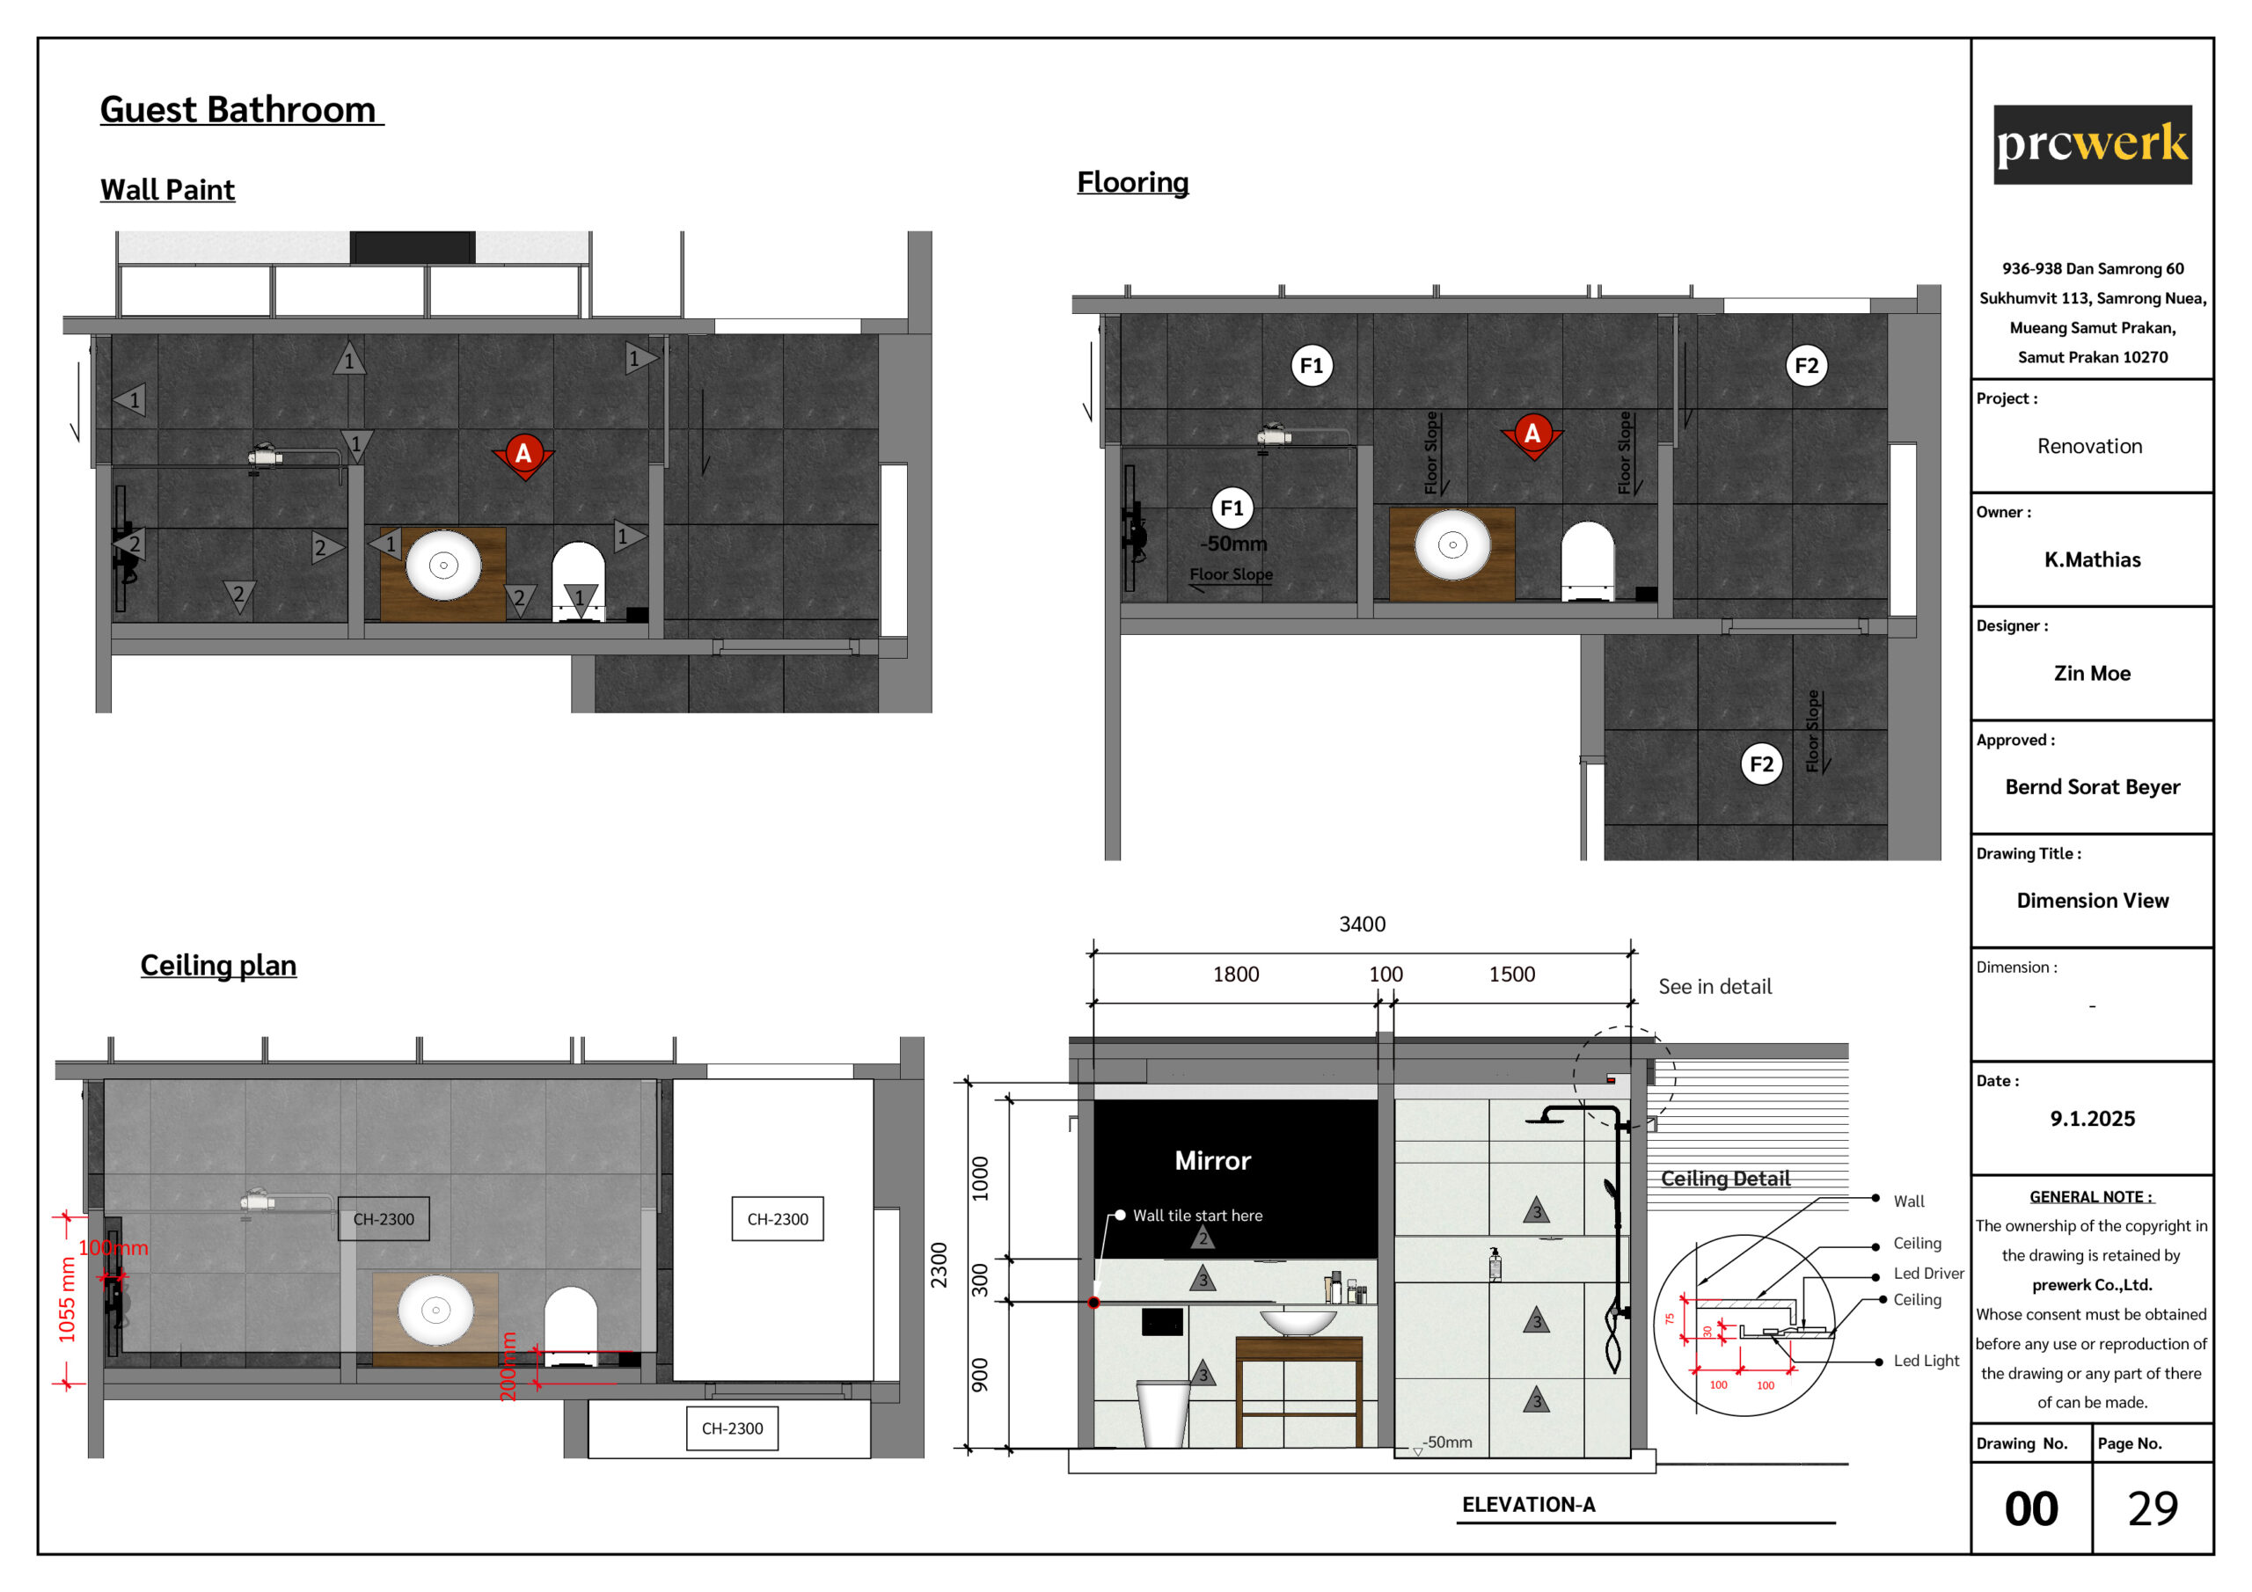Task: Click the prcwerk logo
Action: [x=2092, y=144]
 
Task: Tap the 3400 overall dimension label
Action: [x=1363, y=924]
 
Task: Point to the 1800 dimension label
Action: [x=1236, y=974]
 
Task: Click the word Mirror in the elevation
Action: [x=1212, y=1160]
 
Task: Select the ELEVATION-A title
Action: [x=1528, y=1505]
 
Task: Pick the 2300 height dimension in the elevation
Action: [x=940, y=1266]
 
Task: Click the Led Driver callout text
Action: [x=1928, y=1274]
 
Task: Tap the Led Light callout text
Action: [x=1927, y=1361]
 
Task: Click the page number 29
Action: [x=2153, y=1508]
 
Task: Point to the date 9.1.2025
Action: [x=2092, y=1118]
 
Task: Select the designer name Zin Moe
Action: [x=2092, y=673]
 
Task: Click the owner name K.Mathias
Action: [x=2092, y=559]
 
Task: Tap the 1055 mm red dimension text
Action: [x=67, y=1300]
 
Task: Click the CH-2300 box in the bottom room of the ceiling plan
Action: [x=732, y=1428]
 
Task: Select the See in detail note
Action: [x=1715, y=987]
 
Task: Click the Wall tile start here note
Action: [x=1197, y=1216]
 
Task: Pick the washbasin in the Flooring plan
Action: [x=1452, y=544]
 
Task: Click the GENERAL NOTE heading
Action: [x=2091, y=1197]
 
